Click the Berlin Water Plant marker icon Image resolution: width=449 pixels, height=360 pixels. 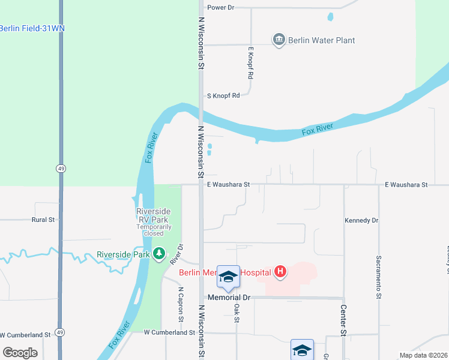coord(279,40)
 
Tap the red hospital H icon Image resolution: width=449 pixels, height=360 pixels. coord(280,272)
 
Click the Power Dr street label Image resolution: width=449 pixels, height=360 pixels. coord(220,8)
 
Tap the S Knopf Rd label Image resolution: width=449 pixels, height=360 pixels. coord(223,95)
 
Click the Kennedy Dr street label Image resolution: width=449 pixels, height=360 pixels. coord(361,221)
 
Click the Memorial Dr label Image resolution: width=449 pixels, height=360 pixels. coord(229,298)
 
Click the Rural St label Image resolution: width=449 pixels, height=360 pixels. coord(43,220)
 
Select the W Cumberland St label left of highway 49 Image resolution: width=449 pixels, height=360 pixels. coord(25,335)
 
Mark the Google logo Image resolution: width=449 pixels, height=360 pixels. coord(20,353)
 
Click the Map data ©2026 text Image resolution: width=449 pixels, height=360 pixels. coord(423,355)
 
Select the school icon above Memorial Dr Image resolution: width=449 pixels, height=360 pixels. coord(228,277)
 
